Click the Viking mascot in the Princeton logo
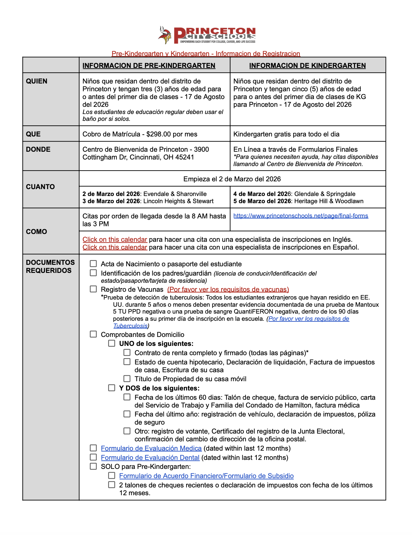pos(165,35)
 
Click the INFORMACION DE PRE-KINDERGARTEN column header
pos(149,66)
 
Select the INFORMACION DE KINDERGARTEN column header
pos(307,66)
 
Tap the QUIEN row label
pos(37,81)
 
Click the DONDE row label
pos(38,149)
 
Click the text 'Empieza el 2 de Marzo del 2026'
pos(232,179)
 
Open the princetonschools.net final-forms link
pos(301,216)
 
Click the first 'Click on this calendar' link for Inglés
pos(115,239)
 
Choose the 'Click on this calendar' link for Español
pos(115,247)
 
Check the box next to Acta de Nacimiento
pos(93,264)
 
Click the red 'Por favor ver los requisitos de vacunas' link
pos(228,289)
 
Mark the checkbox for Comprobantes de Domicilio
pos(93,334)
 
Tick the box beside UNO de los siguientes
pos(112,343)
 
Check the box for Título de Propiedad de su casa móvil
pos(127,379)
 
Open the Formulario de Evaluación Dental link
pos(150,458)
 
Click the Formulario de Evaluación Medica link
pos(151,448)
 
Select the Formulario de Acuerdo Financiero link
pos(206,476)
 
